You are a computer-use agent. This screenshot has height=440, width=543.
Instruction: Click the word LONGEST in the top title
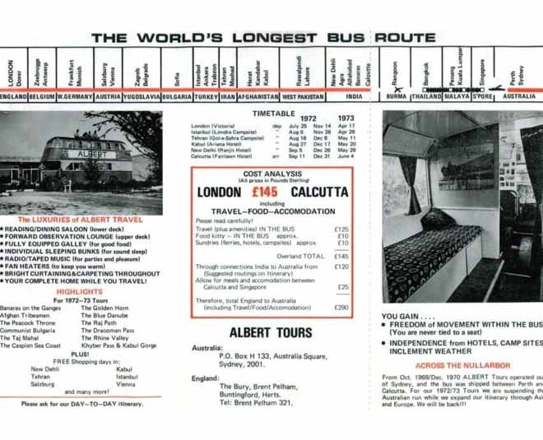(271, 38)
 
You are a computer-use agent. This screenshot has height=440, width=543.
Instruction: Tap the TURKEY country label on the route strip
(207, 96)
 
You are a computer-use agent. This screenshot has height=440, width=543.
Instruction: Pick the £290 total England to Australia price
(341, 307)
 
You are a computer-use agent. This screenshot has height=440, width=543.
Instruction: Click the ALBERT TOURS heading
(271, 333)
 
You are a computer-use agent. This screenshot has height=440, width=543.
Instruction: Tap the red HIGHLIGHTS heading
(79, 292)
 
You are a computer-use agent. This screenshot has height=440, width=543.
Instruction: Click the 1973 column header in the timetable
(346, 118)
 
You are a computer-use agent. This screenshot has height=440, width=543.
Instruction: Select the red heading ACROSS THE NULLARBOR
(462, 365)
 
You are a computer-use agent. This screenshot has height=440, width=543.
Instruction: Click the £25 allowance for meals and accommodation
(342, 287)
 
